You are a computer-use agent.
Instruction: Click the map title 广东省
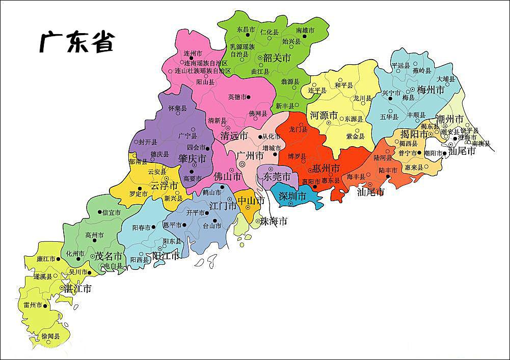click(x=77, y=42)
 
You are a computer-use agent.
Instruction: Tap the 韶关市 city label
click(x=277, y=58)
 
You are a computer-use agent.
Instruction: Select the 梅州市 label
click(x=431, y=90)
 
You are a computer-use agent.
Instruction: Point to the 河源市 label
click(x=324, y=116)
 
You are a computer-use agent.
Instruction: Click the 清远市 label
click(x=234, y=136)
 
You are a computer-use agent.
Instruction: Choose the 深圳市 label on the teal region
click(x=292, y=196)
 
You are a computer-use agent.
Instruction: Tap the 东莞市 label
click(x=277, y=177)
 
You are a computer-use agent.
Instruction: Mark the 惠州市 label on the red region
click(x=326, y=168)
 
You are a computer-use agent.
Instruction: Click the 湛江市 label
click(x=77, y=289)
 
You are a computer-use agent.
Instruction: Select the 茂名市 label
click(x=109, y=256)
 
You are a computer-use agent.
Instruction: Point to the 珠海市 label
click(x=274, y=221)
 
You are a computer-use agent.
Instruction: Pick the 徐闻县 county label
click(x=50, y=337)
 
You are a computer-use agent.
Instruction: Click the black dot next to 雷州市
click(x=45, y=306)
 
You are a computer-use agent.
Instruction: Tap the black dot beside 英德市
click(x=249, y=97)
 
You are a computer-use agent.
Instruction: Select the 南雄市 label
click(x=305, y=31)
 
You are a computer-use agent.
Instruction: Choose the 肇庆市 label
click(x=192, y=159)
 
